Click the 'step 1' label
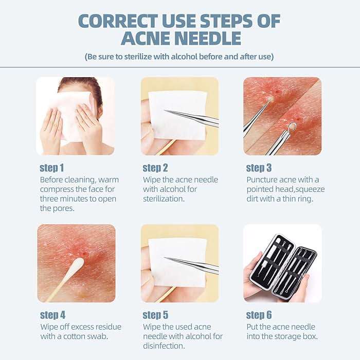[x=52, y=168]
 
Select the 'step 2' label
[x=155, y=168]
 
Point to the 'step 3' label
[x=259, y=168]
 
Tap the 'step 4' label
[x=52, y=315]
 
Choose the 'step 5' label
[x=155, y=315]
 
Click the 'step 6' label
[x=259, y=315]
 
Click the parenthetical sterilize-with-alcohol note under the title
[x=179, y=57]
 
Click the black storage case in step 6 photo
[x=281, y=268]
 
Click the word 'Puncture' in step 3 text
[x=264, y=179]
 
